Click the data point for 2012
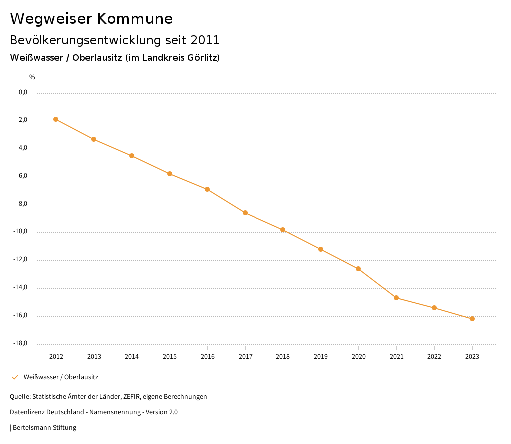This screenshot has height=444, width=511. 56,119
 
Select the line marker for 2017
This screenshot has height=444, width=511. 245,213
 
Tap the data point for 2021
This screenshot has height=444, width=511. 396,298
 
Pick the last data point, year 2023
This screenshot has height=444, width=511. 472,319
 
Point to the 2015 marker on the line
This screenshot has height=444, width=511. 170,174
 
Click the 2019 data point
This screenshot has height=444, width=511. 321,249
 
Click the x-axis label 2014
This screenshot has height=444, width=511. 132,357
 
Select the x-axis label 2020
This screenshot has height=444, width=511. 358,357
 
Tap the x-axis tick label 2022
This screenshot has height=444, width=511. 434,357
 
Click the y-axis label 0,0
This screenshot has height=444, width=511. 23,92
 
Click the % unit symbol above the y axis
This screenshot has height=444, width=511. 32,77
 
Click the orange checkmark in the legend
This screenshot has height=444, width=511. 15,377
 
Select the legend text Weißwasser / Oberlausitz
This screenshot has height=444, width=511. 61,377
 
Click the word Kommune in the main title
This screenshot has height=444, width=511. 135,19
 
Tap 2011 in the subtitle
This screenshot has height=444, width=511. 205,40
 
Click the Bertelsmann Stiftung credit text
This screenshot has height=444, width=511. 44,428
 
